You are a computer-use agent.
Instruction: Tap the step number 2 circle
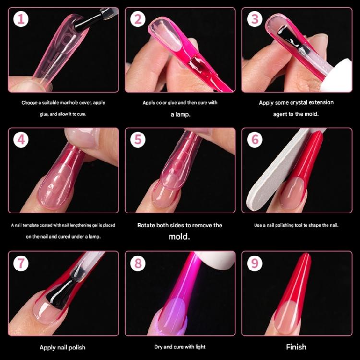138,20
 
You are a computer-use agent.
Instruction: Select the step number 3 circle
254,20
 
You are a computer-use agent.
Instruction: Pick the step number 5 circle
138,140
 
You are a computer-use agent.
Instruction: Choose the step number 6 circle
254,140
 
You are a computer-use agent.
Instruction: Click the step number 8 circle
138,263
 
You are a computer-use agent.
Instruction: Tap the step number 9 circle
254,263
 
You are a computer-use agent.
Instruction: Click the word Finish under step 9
296,347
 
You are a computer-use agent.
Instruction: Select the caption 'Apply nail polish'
62,347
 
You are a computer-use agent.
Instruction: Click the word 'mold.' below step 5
180,237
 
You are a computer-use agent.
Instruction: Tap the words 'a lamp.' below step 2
180,114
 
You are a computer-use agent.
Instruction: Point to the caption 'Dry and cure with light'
180,347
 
